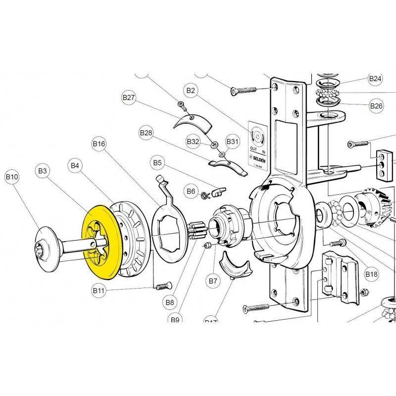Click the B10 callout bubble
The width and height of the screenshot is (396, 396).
(12, 176)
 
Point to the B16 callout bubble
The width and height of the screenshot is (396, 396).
(99, 144)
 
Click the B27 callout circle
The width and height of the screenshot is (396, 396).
(129, 98)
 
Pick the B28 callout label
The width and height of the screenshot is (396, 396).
(146, 133)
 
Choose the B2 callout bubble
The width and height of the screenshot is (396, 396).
(191, 90)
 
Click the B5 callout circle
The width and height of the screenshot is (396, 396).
(157, 162)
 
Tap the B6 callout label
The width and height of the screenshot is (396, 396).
(191, 191)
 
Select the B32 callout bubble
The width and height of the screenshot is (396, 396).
(193, 142)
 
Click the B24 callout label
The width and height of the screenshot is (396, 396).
(375, 79)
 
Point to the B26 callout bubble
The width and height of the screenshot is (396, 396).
(376, 105)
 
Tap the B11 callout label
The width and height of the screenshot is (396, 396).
(99, 291)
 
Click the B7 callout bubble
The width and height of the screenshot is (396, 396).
(213, 281)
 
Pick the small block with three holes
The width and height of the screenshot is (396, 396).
(382, 164)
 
